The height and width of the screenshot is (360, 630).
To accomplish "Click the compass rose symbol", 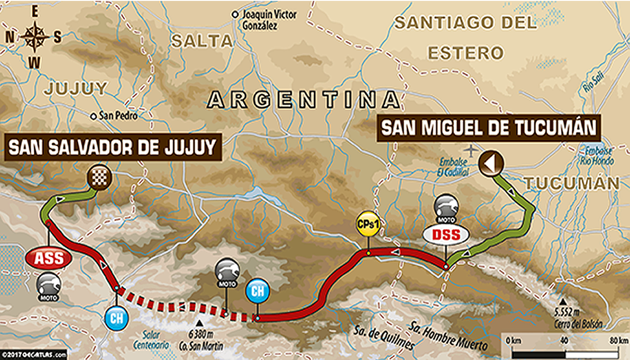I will [x=34, y=37].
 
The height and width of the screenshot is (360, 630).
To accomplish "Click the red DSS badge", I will [x=446, y=234].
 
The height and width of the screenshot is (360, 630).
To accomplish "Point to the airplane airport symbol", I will [x=472, y=150].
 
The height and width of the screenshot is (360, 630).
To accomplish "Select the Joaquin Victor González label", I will [x=269, y=20].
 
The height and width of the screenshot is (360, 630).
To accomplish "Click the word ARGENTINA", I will [x=303, y=100].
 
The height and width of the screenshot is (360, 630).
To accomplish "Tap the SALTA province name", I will [x=202, y=41].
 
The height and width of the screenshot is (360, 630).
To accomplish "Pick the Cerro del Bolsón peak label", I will [x=578, y=320].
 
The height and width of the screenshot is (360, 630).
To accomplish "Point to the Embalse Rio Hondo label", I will [x=597, y=156].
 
